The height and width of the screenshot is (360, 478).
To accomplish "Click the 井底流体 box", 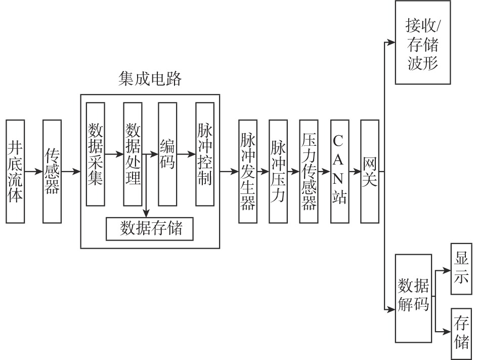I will click(x=15, y=172).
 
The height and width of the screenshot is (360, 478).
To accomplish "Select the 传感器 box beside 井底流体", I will click(x=52, y=172).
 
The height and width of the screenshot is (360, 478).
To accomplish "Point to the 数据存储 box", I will click(x=150, y=229).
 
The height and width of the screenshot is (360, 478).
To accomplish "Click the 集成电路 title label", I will click(x=150, y=79).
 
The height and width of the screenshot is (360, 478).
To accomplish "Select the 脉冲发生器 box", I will click(x=247, y=172).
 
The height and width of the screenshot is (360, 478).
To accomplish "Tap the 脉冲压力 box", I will click(x=278, y=172).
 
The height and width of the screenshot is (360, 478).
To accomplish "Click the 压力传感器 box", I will click(x=308, y=172).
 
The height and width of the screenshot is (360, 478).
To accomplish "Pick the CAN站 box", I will click(x=339, y=172).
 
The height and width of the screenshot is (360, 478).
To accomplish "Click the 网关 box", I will click(x=369, y=172).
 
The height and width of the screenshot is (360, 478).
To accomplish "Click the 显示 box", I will click(x=460, y=269).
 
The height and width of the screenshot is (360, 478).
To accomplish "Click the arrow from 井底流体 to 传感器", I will click(x=33, y=172).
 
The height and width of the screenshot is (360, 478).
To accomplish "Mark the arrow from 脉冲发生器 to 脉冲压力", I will click(x=263, y=172).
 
